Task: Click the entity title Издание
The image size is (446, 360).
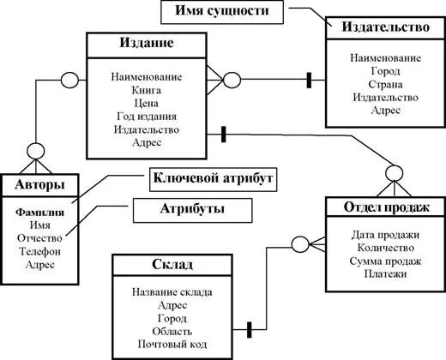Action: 147,43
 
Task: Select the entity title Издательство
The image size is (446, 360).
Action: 386,27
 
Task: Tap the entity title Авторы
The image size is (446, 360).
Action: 39,184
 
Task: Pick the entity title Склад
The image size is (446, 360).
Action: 172,264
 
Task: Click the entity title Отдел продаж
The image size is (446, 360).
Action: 387,207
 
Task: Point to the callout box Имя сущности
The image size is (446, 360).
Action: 222,12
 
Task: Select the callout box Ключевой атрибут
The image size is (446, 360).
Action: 214,179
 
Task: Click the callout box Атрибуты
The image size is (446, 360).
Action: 192,211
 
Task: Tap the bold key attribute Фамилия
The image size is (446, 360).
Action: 39,213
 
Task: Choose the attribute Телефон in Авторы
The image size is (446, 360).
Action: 39,251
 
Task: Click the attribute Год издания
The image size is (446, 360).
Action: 147,117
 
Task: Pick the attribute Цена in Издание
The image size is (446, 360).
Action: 147,103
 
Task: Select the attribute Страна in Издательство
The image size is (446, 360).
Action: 385,84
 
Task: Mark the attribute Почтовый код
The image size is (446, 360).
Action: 172,345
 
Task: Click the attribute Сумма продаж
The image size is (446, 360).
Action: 385,261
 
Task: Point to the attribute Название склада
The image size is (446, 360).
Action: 172,292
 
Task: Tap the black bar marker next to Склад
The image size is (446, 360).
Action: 249,330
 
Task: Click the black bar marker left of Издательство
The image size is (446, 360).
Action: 309,81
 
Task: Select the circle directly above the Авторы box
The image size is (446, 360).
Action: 36,151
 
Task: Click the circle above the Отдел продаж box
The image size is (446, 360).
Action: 395,173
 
